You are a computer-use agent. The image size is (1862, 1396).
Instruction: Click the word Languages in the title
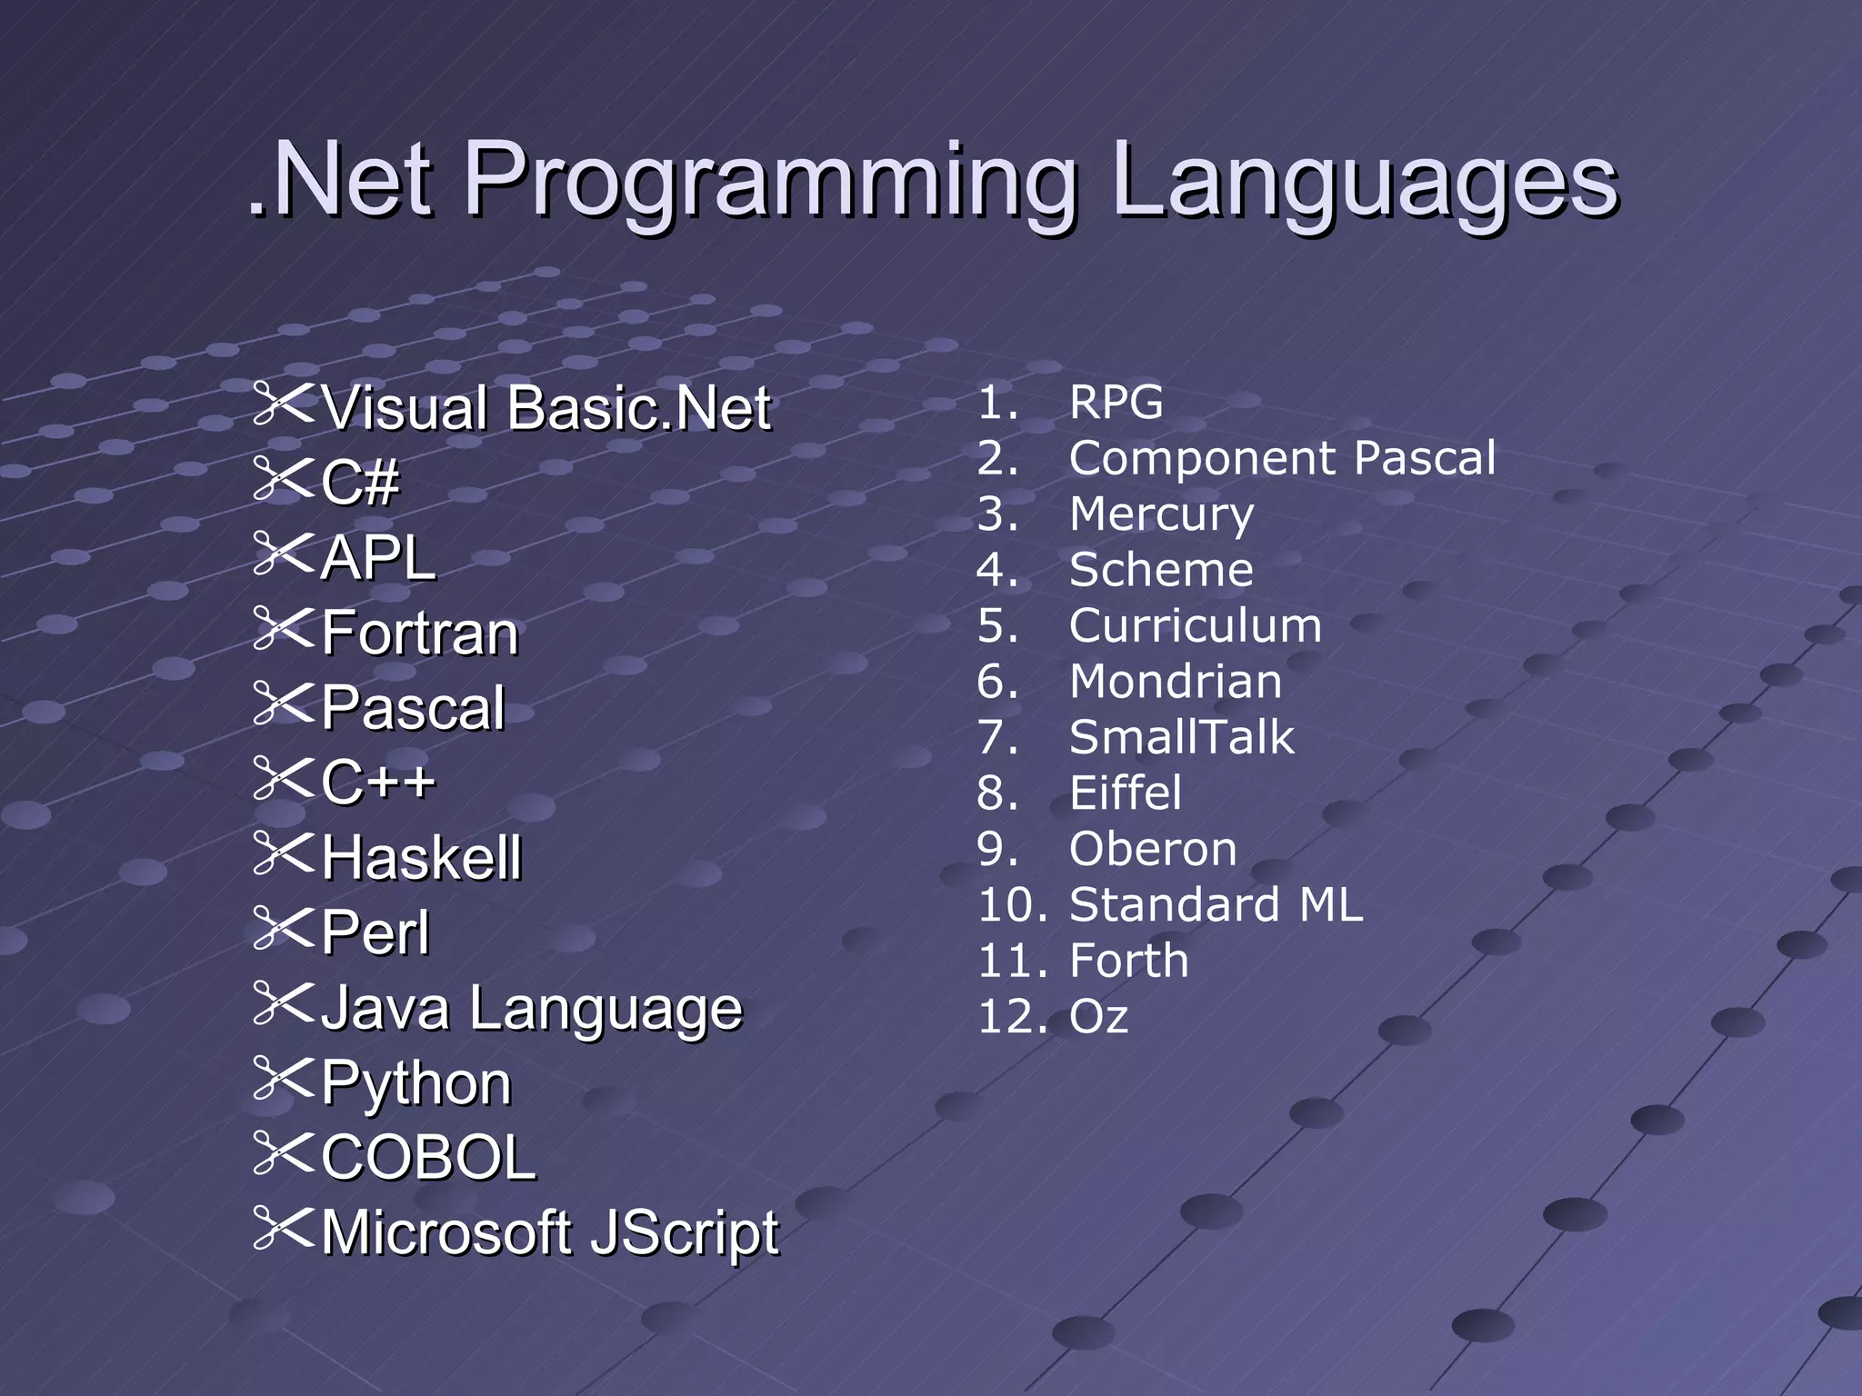click(x=1364, y=182)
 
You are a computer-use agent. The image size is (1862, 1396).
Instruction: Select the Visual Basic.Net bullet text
click(x=546, y=408)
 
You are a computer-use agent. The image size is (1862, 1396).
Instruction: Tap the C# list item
click(x=360, y=483)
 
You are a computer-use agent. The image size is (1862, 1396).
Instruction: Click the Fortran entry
click(x=420, y=633)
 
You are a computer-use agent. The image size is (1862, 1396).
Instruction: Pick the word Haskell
click(x=422, y=858)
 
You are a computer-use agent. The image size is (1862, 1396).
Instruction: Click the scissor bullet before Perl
click(x=284, y=928)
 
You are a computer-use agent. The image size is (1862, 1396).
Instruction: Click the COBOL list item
click(x=428, y=1158)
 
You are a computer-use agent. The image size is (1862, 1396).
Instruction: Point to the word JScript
click(x=684, y=1234)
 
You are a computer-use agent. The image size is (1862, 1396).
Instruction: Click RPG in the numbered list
click(x=1116, y=403)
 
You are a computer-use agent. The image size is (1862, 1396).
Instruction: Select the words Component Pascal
click(x=1282, y=458)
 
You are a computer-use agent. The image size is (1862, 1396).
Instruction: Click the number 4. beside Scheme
click(x=996, y=571)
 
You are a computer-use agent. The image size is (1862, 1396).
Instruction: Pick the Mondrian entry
click(x=1176, y=682)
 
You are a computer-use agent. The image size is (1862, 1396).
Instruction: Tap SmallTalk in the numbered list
click(x=1181, y=737)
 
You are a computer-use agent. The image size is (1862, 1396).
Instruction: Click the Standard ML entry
click(x=1216, y=905)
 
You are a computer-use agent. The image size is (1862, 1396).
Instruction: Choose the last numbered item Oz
click(x=1098, y=1017)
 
